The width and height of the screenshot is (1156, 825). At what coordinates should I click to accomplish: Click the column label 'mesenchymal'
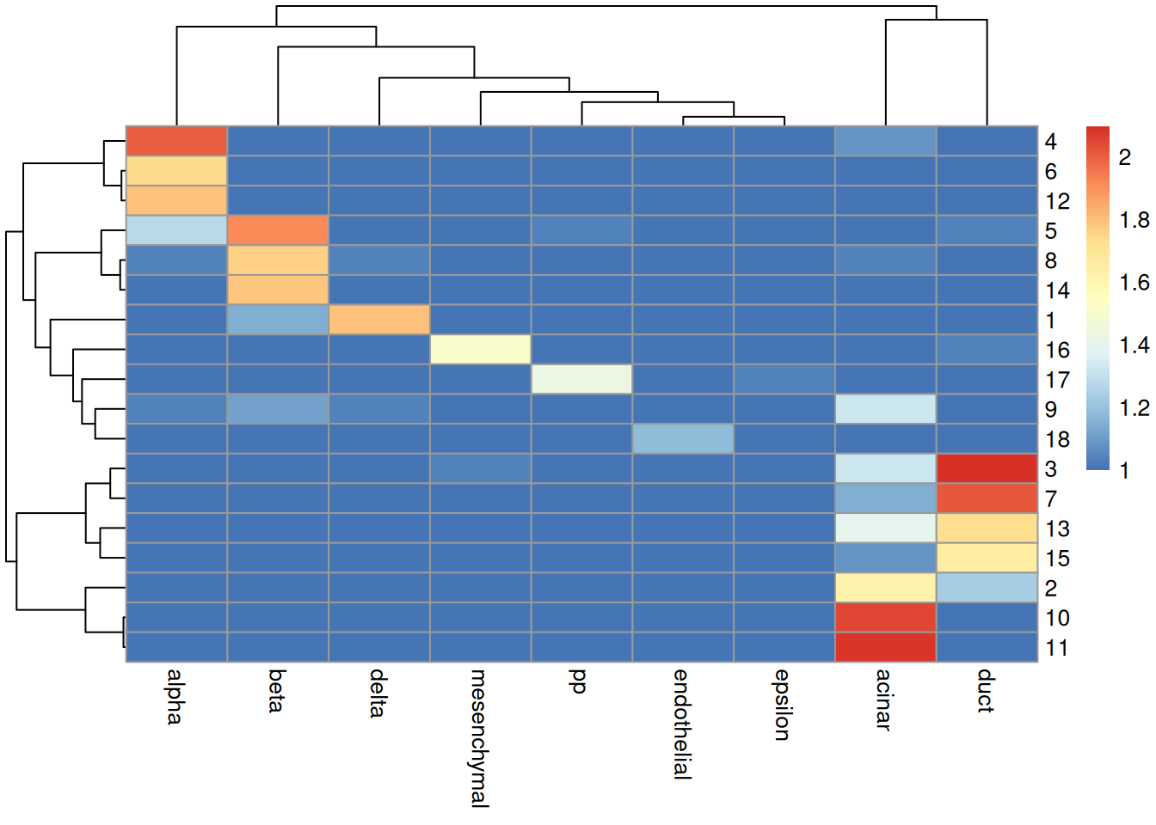[479, 738]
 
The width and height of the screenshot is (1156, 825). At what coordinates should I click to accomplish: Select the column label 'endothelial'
[682, 724]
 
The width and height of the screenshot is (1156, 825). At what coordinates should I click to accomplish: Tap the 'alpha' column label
[175, 696]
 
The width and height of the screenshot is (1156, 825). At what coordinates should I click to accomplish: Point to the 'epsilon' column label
[783, 705]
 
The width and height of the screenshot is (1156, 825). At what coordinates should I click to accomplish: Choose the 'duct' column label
[987, 691]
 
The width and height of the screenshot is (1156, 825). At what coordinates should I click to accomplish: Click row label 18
[1057, 440]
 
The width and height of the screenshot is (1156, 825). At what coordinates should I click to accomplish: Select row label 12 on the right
[1057, 201]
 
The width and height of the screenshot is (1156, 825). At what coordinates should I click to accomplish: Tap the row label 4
[1050, 142]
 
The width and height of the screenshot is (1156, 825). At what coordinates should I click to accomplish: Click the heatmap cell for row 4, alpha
[176, 141]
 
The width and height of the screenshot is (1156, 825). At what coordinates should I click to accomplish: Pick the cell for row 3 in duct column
[987, 468]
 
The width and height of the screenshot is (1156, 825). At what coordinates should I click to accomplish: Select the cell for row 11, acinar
[885, 647]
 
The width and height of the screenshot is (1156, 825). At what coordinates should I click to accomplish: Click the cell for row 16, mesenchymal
[480, 350]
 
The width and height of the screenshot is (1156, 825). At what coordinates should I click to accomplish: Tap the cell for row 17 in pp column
[581, 379]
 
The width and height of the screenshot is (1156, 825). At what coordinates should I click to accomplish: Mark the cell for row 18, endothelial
[683, 439]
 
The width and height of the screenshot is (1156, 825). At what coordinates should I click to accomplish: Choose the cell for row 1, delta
[379, 320]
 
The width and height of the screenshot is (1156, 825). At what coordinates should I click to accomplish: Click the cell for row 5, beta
[278, 230]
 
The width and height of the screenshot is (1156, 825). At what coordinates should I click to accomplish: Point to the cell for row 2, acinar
[885, 588]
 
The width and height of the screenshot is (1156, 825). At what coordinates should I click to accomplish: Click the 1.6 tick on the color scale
[1134, 283]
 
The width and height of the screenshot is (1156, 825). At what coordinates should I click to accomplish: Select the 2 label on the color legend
[1124, 157]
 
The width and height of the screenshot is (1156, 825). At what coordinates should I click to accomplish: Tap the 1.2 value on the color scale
[1134, 408]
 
